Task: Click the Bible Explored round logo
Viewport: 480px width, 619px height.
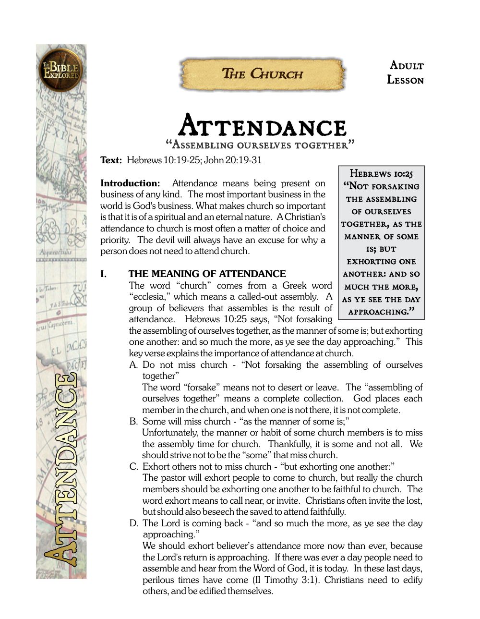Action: (61, 70)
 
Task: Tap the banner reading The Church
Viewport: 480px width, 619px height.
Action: (262, 74)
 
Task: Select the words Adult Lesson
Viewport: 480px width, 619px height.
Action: (406, 73)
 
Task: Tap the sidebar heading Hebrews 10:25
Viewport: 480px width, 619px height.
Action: (381, 174)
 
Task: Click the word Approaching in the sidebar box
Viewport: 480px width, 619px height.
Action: (378, 312)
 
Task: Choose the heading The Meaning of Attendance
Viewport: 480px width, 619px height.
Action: (207, 274)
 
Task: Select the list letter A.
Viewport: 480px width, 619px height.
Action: (133, 365)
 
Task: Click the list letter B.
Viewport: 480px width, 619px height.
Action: (133, 422)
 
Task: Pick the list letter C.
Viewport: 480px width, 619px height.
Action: (133, 467)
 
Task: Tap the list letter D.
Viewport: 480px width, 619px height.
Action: (133, 523)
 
